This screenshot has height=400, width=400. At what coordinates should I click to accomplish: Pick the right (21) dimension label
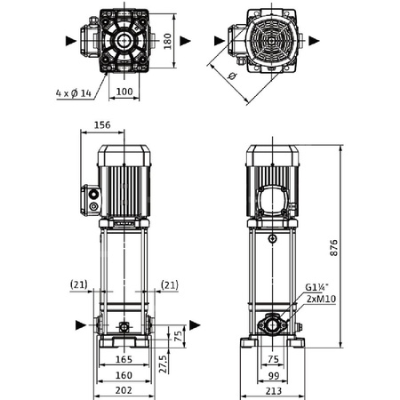(170, 284)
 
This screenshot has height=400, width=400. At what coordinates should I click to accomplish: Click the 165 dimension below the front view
(124, 359)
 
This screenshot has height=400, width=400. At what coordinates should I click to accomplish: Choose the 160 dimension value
(124, 374)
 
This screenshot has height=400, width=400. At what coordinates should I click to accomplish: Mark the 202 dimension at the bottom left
(124, 389)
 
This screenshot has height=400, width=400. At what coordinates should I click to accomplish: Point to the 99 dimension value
(275, 374)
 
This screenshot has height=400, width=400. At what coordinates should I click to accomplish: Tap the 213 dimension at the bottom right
(275, 389)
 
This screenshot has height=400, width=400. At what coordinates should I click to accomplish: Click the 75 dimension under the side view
(275, 359)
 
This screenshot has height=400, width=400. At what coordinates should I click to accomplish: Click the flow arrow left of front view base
(81, 324)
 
